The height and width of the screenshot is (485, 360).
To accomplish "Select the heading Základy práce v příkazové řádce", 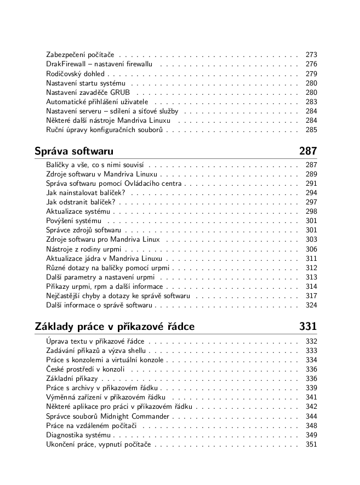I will tap(115, 327).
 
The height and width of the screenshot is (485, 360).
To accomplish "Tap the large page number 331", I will tap(308, 327).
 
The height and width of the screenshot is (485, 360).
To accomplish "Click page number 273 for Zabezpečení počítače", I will tap(311, 55).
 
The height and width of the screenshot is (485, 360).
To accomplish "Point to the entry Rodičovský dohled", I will tap(76, 73).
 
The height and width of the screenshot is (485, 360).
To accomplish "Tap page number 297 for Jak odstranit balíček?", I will tap(311, 202).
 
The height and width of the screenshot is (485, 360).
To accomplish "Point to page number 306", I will tap(311, 249).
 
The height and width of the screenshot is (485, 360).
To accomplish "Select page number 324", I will tap(311, 305).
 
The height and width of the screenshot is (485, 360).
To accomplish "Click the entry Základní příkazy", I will tap(72, 379).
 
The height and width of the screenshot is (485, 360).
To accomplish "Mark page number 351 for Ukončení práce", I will tap(311, 444).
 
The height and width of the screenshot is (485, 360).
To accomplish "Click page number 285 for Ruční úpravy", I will tap(311, 130).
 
